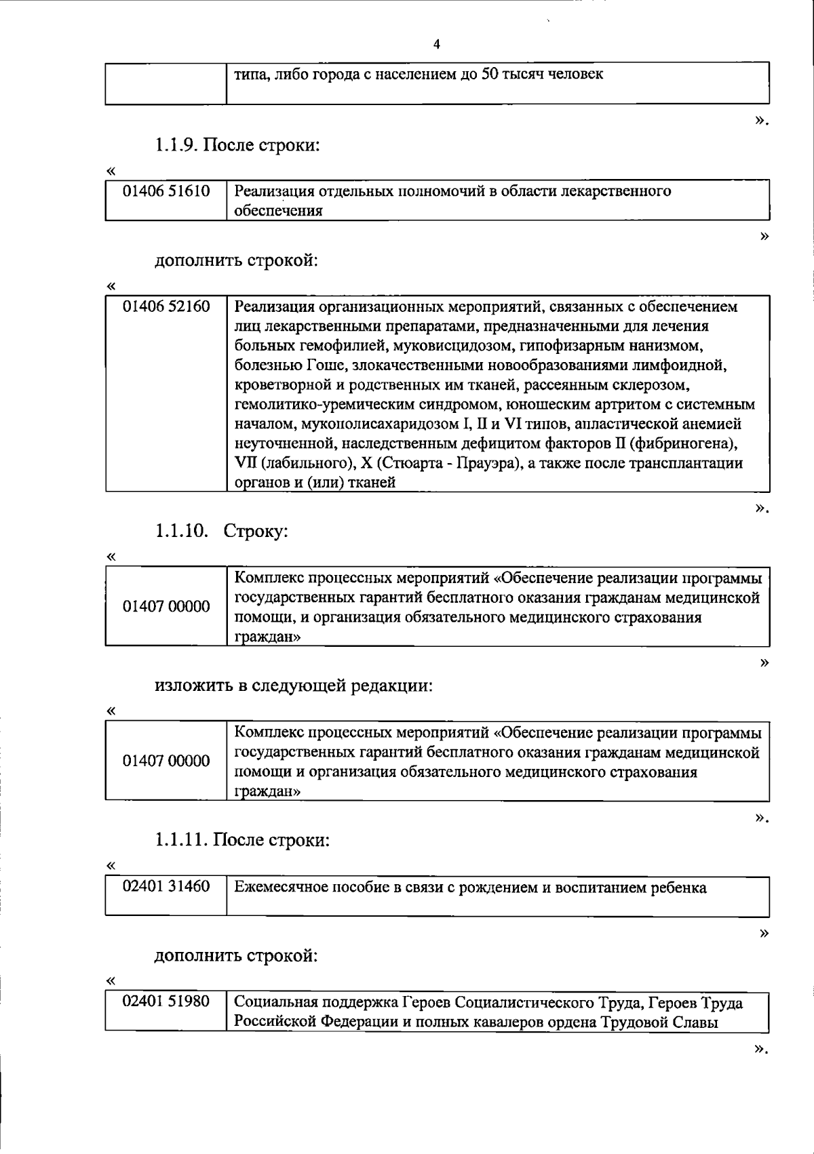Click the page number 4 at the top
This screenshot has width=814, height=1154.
click(x=436, y=44)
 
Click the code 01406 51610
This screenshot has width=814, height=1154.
click(x=166, y=191)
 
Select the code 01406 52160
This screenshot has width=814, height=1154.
click(x=166, y=307)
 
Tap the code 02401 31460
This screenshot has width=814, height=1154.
click(x=166, y=886)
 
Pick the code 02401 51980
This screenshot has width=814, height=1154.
click(x=166, y=1001)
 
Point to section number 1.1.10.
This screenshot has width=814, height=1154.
click(x=181, y=531)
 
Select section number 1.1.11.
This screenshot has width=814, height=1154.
click(x=181, y=841)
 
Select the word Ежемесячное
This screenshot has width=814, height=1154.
click(x=282, y=888)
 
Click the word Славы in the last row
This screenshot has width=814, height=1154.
click(x=694, y=1022)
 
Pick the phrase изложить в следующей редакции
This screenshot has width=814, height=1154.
click(x=294, y=685)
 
